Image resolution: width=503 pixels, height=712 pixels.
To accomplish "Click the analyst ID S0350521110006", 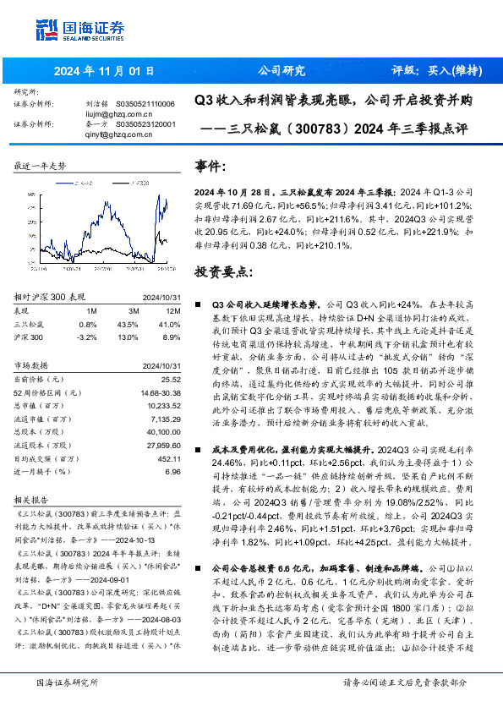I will (145, 103).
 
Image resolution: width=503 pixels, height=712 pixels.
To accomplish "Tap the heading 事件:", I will (210, 165).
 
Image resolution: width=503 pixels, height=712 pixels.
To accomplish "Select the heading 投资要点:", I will (223, 272).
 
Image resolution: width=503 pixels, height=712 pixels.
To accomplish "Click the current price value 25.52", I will (172, 379).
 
